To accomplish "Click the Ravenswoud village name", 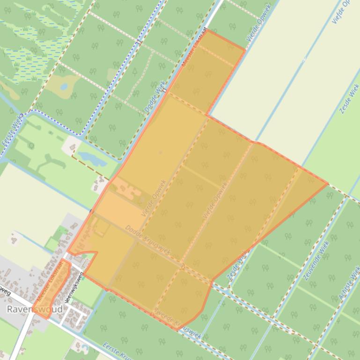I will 35,310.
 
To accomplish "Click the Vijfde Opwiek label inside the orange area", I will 215,201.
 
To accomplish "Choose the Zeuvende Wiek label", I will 314,260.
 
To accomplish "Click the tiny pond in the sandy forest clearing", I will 64,87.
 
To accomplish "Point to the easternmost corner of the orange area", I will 327,184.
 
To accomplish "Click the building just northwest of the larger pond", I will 73,148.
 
